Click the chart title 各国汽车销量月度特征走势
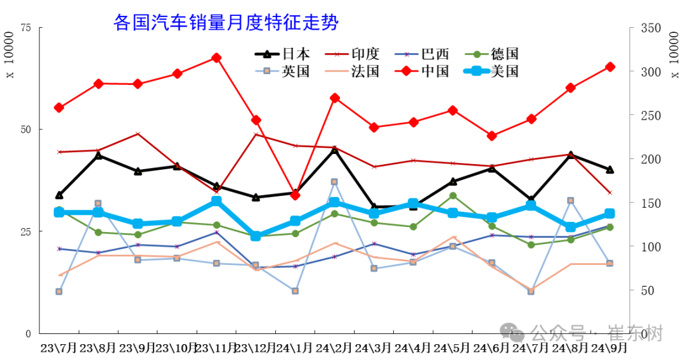(226, 23)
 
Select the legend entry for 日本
(282, 54)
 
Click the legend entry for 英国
(282, 70)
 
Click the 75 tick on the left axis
(26, 28)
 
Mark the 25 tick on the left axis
(26, 231)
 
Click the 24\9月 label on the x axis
(609, 348)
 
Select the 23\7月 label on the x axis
(58, 348)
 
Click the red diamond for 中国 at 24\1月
(295, 195)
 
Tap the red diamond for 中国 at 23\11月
(216, 58)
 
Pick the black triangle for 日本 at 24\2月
(334, 150)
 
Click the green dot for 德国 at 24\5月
(453, 196)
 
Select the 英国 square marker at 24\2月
(334, 182)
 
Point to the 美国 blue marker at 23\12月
(256, 236)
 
